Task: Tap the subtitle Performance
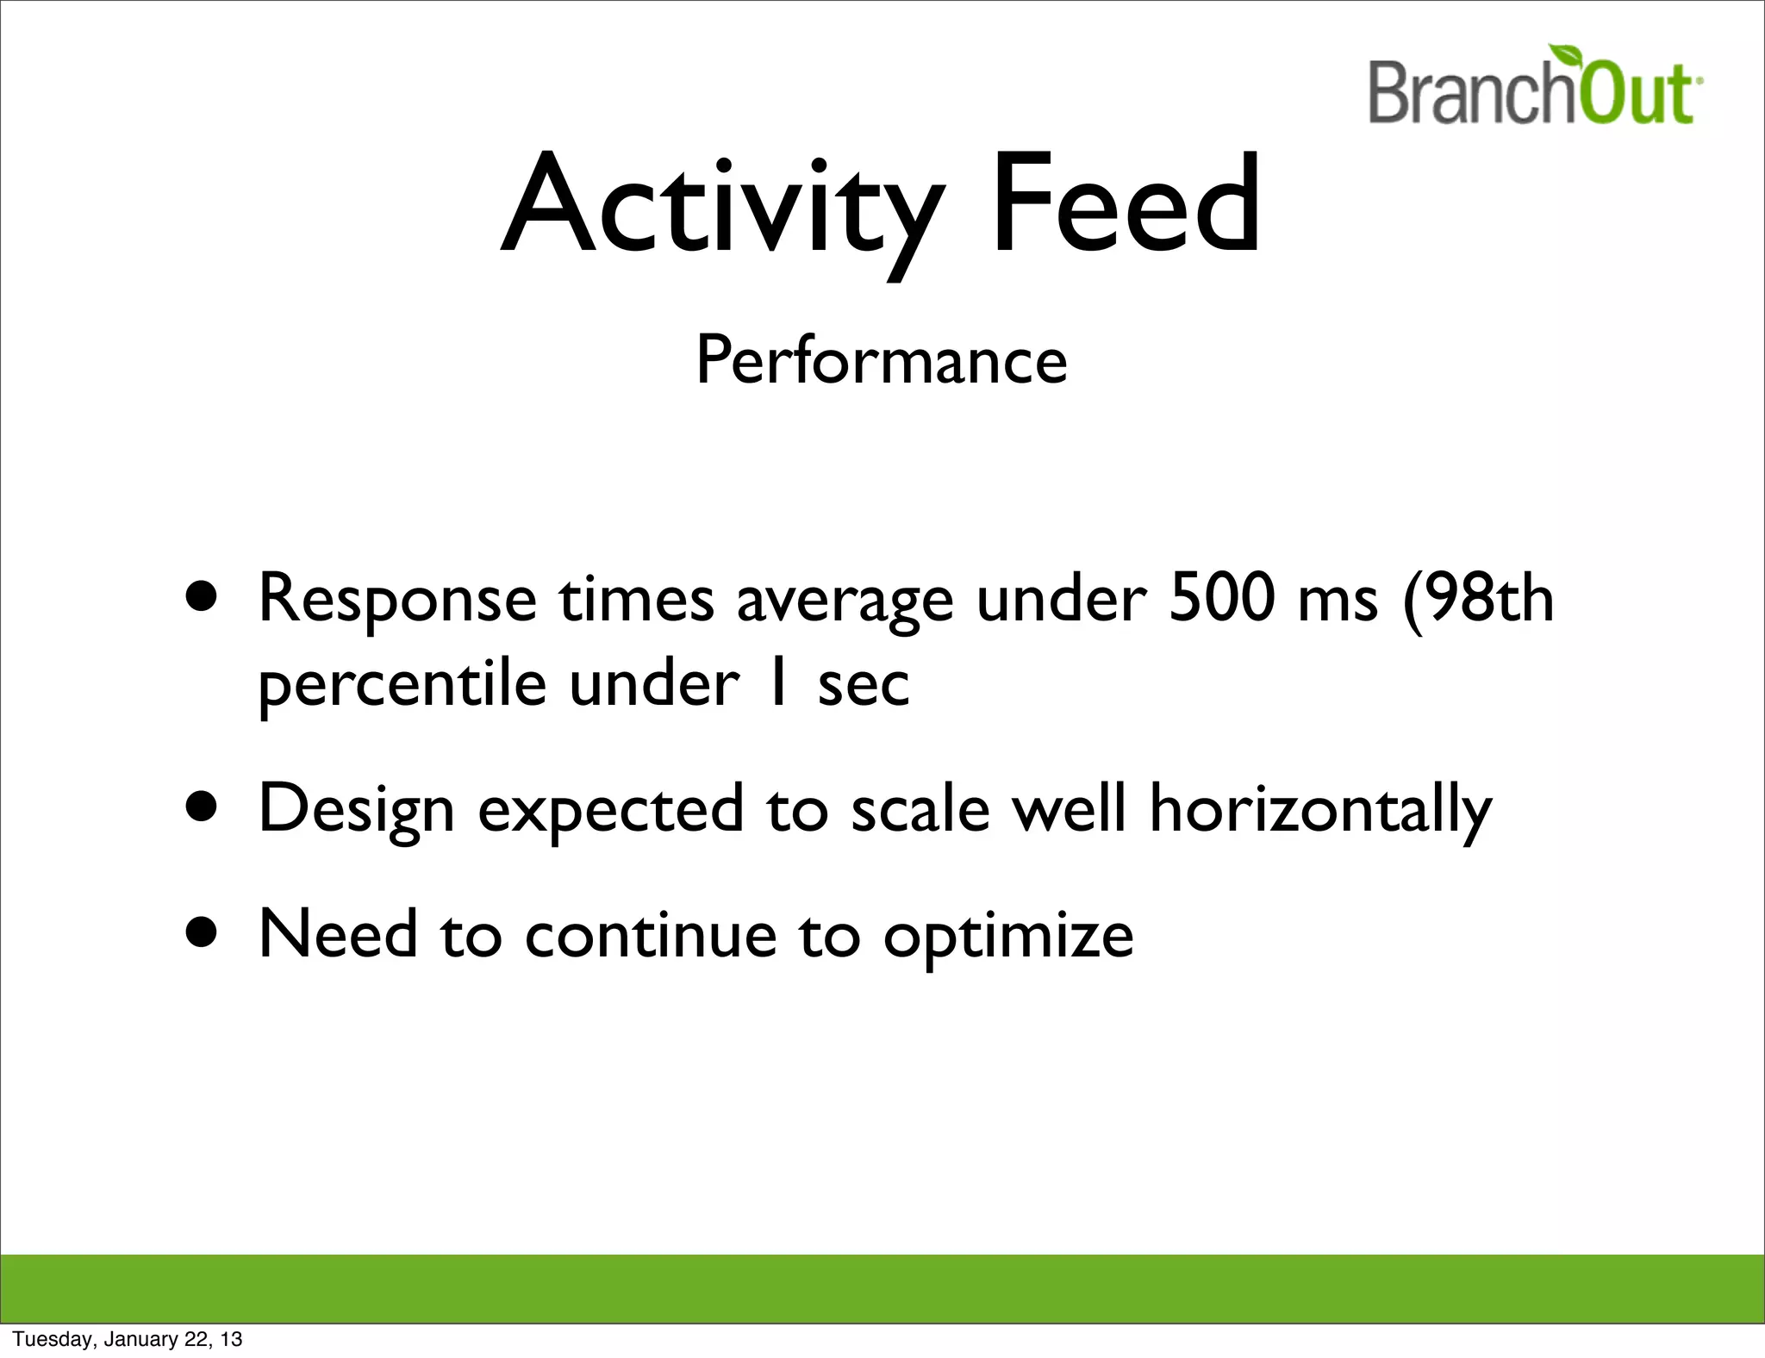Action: pyautogui.click(x=881, y=361)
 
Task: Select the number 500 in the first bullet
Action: pyautogui.click(x=1221, y=597)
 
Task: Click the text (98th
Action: pyautogui.click(x=1479, y=597)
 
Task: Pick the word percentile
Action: pyautogui.click(x=402, y=686)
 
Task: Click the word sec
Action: pyautogui.click(x=864, y=686)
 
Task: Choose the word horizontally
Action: pyautogui.click(x=1319, y=810)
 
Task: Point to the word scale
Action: pyautogui.click(x=920, y=810)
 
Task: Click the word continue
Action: pyautogui.click(x=651, y=936)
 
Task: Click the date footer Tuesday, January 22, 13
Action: pyautogui.click(x=128, y=1339)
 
